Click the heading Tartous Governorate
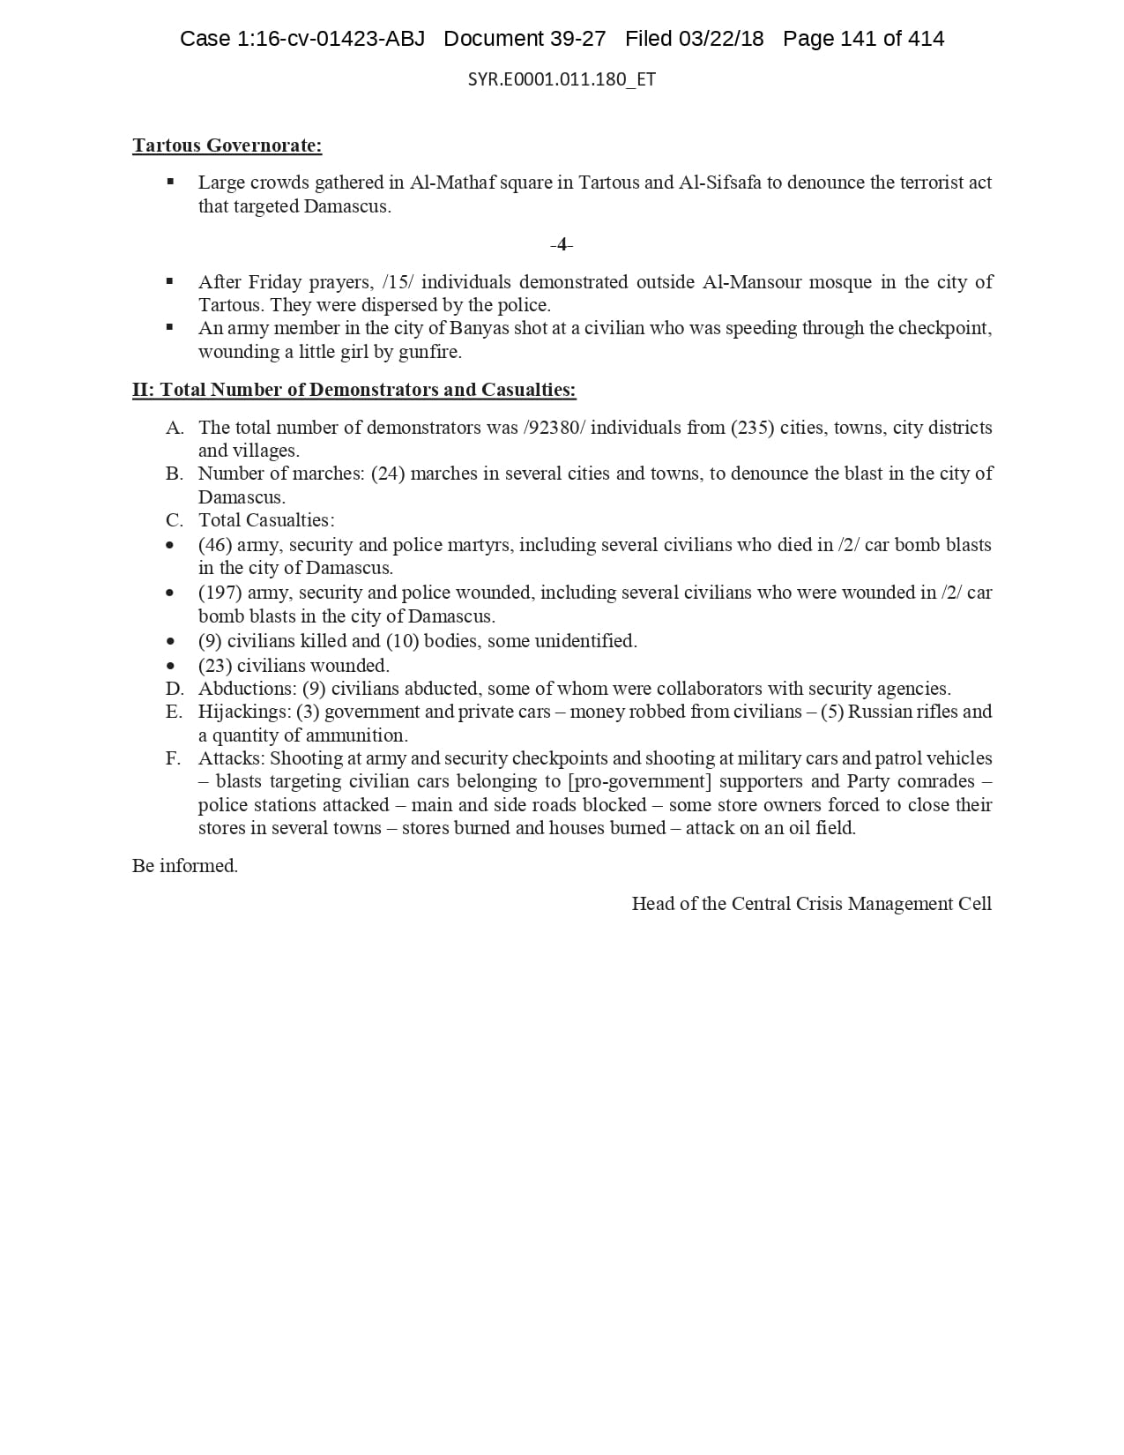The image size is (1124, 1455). (227, 145)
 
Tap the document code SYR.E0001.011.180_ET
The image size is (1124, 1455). (562, 79)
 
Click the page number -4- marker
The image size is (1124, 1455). (562, 244)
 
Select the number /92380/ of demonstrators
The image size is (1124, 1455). (556, 428)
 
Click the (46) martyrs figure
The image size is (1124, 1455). (215, 545)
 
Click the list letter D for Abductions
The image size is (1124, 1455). (175, 689)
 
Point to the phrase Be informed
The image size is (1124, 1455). (185, 866)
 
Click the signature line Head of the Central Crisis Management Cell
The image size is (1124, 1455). (811, 904)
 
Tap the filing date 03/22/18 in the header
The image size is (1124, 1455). (720, 39)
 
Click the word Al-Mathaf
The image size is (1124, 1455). (445, 183)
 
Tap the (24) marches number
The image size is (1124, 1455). (388, 474)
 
